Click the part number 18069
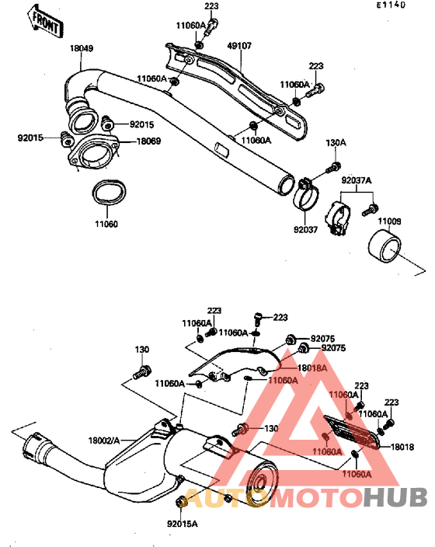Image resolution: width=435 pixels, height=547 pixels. tap(148, 141)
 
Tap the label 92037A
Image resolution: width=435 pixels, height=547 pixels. tap(357, 179)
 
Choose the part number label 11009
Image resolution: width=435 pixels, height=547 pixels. tap(390, 222)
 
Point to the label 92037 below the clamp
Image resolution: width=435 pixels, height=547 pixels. tap(306, 229)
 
